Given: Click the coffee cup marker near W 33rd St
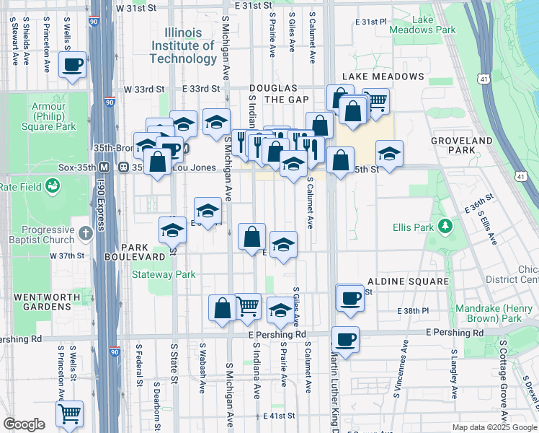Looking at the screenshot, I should coord(73,66).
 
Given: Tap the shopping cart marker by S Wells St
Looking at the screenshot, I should coord(69,414).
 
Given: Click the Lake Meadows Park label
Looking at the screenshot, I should coord(423,25).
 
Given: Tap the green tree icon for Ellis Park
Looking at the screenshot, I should coord(447,227).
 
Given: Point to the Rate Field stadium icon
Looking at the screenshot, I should coord(52,187).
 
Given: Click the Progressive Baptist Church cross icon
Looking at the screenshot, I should coord(86,233).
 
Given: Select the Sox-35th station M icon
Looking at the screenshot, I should coord(104,167).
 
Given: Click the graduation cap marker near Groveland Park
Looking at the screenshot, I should coord(389,154).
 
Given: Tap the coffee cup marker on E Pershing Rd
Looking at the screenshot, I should coord(345,340).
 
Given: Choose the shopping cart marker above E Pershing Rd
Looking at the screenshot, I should coord(247,306).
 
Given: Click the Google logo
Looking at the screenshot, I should coord(24,424).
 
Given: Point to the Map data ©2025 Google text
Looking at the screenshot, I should coord(494,427).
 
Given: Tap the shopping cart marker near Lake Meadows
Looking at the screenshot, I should coord(375,101).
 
